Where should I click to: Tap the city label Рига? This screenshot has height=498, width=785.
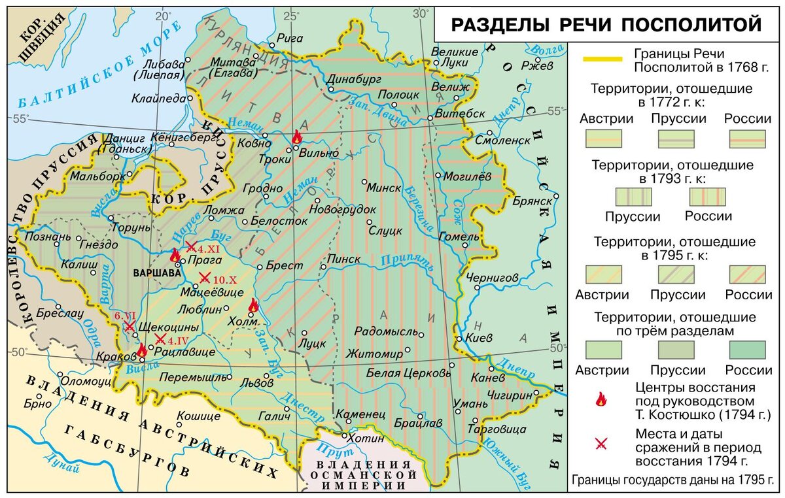click(290, 38)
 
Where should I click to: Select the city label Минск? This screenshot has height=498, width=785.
click(384, 188)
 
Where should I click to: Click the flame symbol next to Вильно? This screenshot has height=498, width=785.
click(297, 137)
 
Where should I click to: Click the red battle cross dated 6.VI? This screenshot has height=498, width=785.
click(130, 325)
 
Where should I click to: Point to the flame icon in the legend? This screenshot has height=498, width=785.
click(600, 400)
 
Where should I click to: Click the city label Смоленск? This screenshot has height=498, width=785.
click(502, 140)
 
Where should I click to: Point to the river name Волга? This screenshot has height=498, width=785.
click(542, 48)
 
